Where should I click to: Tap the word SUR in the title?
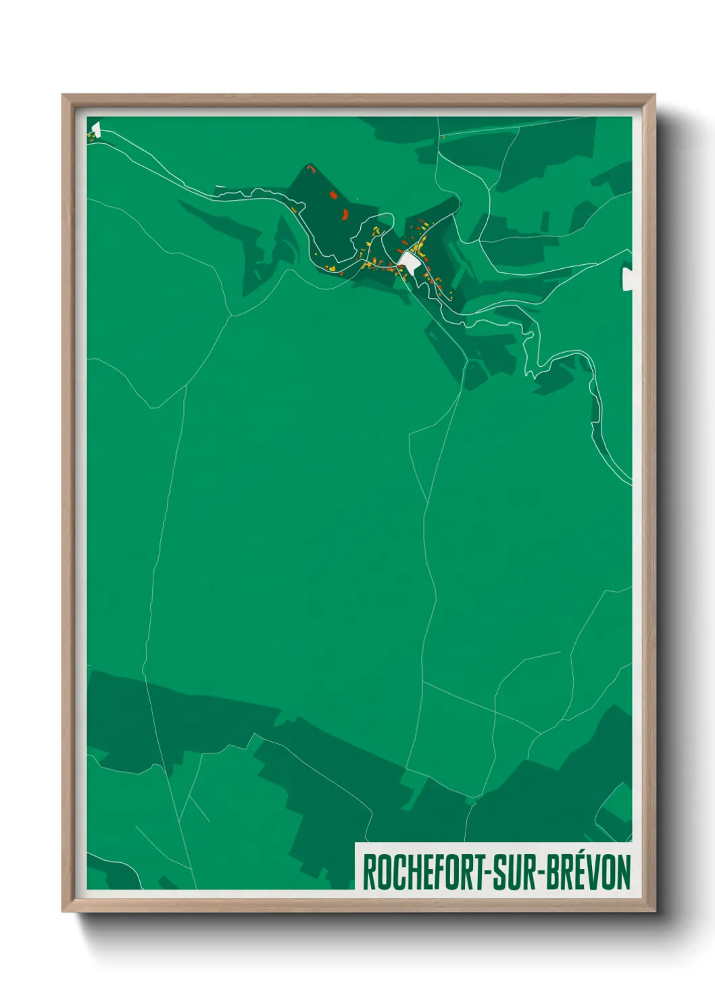[x=513, y=872]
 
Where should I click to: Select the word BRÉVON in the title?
[x=589, y=872]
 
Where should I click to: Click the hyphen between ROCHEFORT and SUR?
[x=485, y=873]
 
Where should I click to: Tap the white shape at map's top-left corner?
[x=95, y=128]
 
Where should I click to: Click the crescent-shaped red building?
[x=343, y=216]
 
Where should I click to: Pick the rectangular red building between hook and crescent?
[x=333, y=195]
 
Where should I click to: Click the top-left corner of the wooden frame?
[x=64, y=96]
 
